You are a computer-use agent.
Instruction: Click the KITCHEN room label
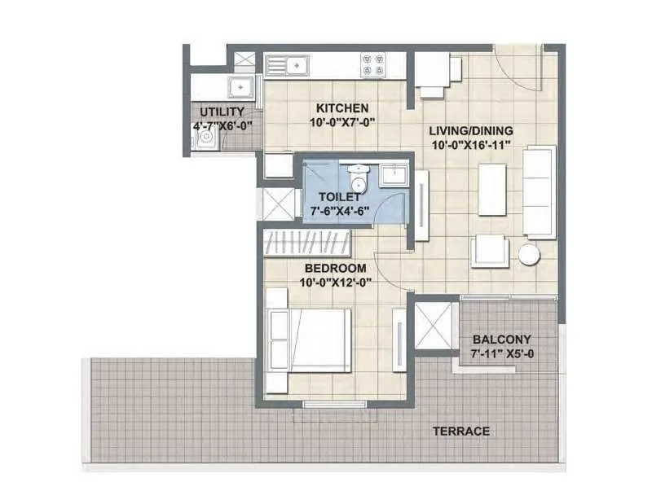[x=342, y=108]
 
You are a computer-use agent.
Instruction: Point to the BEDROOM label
[x=335, y=268]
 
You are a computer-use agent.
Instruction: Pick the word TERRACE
[x=462, y=431]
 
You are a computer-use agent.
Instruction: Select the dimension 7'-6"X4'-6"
[x=339, y=210]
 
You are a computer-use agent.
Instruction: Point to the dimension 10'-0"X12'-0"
[x=335, y=283]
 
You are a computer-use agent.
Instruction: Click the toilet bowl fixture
[x=357, y=177]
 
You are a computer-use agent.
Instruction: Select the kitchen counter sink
[x=288, y=63]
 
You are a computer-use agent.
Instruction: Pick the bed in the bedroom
[x=310, y=339]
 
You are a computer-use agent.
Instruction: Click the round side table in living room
[x=530, y=254]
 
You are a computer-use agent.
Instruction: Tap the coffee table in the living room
[x=492, y=189]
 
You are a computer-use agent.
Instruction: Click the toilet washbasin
[x=396, y=176]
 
